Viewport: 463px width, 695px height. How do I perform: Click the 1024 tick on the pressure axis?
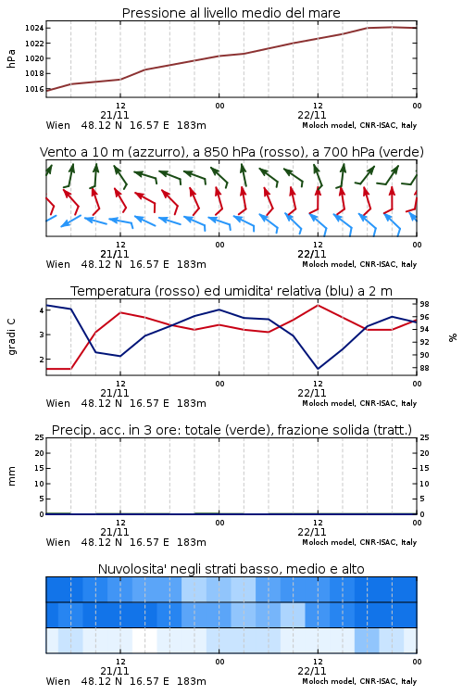click(33, 29)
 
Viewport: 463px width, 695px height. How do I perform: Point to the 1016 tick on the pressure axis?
click(33, 89)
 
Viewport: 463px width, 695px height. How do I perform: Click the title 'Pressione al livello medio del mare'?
click(231, 13)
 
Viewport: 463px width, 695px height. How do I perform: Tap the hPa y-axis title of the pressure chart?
click(11, 58)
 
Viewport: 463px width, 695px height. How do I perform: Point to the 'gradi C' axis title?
click(12, 337)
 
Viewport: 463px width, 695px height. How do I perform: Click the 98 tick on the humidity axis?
click(424, 304)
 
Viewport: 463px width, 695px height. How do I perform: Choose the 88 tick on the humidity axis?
click(424, 368)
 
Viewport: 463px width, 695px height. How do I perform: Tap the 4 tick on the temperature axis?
click(42, 310)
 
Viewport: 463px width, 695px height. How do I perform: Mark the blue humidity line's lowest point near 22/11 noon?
click(319, 369)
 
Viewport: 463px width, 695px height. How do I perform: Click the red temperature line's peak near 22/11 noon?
click(319, 305)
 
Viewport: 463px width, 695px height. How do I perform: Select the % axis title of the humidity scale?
click(453, 337)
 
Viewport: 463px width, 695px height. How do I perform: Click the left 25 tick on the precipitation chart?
click(40, 437)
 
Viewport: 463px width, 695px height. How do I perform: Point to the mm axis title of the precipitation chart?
click(11, 475)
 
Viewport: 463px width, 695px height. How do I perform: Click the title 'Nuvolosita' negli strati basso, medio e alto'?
click(231, 569)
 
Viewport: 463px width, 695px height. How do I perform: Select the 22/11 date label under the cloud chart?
click(312, 671)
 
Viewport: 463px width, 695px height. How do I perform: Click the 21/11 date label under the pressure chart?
click(115, 115)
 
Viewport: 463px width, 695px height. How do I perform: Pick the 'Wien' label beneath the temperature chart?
click(58, 403)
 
